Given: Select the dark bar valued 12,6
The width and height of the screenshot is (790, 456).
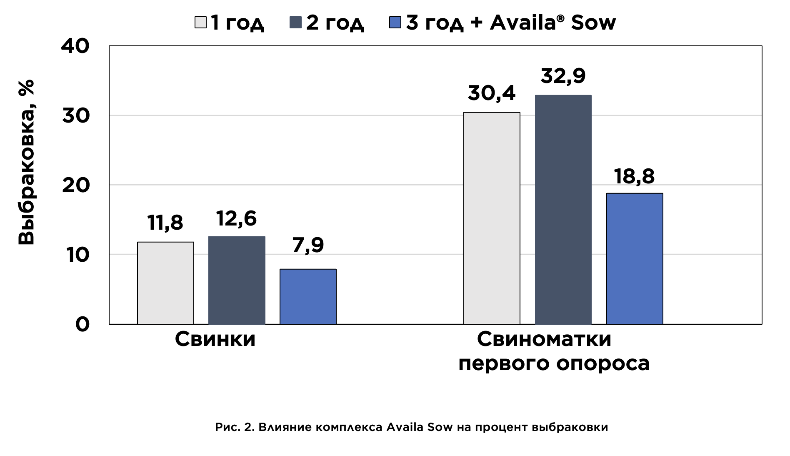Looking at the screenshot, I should [x=237, y=280].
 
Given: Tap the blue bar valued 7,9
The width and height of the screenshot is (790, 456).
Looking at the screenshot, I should [x=308, y=296].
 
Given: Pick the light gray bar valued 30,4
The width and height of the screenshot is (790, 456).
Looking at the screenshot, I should [x=492, y=218].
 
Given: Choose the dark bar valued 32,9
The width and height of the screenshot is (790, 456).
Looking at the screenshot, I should [x=563, y=209].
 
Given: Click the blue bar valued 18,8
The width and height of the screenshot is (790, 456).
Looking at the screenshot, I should [x=635, y=258].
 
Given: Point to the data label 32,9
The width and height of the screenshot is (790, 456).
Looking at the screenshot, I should [x=563, y=76].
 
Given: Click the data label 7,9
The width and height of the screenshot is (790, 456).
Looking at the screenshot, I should [x=308, y=245].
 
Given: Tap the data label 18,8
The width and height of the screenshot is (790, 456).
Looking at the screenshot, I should [x=634, y=176].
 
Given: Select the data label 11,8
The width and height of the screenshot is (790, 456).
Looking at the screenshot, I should [x=165, y=223].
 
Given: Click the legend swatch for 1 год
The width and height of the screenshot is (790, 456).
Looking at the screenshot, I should [x=200, y=23].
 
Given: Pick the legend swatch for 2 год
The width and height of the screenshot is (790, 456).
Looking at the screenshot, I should [x=295, y=23].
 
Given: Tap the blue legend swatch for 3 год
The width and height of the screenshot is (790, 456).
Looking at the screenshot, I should [x=395, y=23].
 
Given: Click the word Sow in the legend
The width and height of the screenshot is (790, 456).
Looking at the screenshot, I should [x=593, y=23].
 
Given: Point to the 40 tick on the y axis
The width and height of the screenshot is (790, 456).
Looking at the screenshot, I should [x=75, y=46].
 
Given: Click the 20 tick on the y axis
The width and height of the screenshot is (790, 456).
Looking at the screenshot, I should [x=76, y=185].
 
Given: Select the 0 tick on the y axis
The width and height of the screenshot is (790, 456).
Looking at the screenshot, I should [x=82, y=324].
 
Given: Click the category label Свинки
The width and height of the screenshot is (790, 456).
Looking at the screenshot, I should [x=215, y=339].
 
